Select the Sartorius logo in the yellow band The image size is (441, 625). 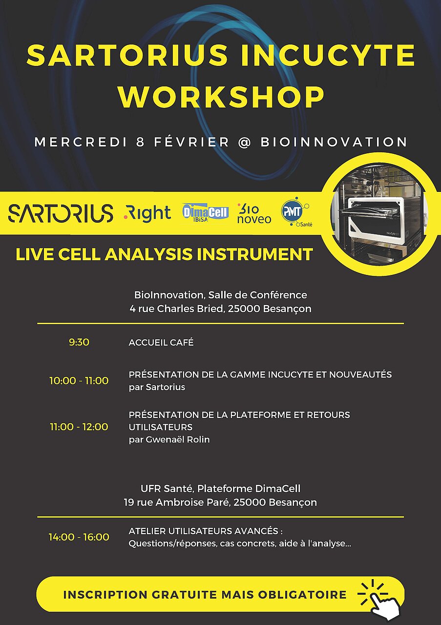pyautogui.click(x=61, y=213)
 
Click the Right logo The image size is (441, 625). pyautogui.click(x=147, y=213)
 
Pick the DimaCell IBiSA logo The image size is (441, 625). pyautogui.click(x=205, y=213)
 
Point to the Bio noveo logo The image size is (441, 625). pyautogui.click(x=253, y=213)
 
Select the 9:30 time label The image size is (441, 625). pyautogui.click(x=79, y=342)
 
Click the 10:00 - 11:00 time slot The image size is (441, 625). pyautogui.click(x=79, y=381)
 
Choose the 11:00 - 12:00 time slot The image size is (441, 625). pyautogui.click(x=79, y=427)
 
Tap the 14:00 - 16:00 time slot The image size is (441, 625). pyautogui.click(x=79, y=537)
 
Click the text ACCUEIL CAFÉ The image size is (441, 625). pyautogui.click(x=161, y=342)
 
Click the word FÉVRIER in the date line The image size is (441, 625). pyautogui.click(x=191, y=142)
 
